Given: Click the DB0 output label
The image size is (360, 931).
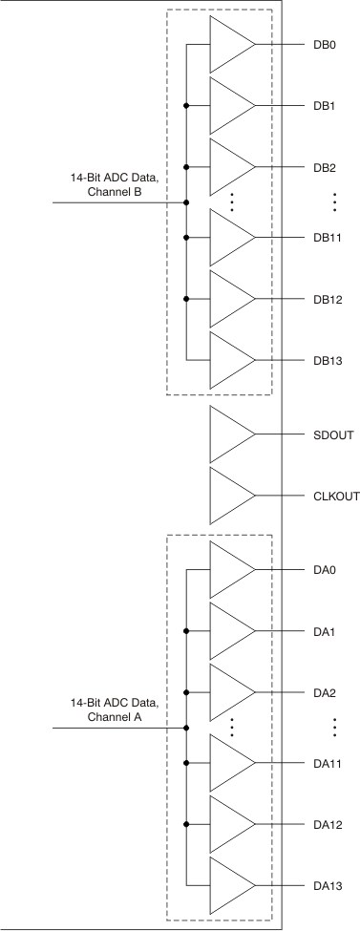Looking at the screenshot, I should point(324,44).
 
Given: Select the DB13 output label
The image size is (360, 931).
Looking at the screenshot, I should point(327,361).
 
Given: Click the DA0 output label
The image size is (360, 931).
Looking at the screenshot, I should point(324,570).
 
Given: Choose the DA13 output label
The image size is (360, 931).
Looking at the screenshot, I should point(327,887).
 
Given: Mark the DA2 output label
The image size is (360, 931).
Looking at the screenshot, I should point(324,692).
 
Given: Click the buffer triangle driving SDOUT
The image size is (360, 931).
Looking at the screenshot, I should point(229,434).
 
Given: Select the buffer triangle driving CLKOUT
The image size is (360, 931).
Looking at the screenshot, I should point(229,496).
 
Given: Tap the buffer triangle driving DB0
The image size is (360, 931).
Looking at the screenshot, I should point(229,44).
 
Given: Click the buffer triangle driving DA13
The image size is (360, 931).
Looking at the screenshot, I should point(229,887).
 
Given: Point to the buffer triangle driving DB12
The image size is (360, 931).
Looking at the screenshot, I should point(229,299).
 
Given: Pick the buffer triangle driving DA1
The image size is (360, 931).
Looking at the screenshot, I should point(229,631).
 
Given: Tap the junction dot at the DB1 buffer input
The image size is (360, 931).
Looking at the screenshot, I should point(186,105).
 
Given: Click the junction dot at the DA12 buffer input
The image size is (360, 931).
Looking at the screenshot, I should point(186,824).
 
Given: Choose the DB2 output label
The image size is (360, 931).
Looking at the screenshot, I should point(324,167).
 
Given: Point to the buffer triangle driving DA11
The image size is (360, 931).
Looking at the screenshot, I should point(229,763).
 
